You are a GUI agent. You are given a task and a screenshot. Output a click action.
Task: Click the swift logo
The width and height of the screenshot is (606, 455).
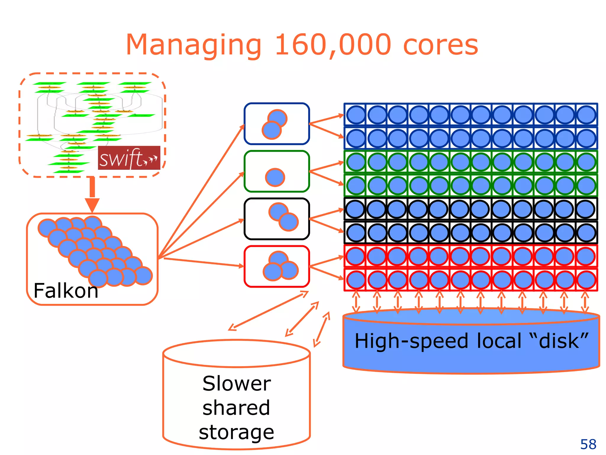point(129,158)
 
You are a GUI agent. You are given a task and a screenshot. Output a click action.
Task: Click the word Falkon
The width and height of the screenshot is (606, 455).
point(66,291)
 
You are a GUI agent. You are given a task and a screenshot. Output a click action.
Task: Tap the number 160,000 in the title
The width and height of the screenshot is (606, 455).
point(333,45)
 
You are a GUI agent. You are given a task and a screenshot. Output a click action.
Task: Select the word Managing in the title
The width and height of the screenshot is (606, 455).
point(194,45)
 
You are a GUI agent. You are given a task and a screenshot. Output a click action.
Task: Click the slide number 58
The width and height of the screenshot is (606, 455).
point(588,444)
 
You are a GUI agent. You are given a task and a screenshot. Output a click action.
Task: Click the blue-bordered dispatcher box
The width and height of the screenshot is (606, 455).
point(277,124)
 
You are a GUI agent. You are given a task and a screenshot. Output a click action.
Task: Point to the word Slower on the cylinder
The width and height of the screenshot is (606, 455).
point(236,384)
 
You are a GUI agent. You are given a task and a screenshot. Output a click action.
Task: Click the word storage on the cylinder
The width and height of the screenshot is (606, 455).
point(236,432)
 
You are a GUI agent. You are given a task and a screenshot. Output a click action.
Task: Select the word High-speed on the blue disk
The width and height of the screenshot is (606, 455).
point(411,341)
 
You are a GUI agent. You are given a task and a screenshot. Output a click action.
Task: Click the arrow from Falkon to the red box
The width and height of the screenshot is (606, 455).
point(204,262)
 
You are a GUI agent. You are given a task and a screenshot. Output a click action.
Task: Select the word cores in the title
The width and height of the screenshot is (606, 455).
point(441,45)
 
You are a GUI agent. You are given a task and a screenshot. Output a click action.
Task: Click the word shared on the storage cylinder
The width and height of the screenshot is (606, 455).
point(236,408)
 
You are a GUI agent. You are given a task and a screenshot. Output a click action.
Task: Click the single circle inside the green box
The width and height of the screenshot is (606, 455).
point(275,177)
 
